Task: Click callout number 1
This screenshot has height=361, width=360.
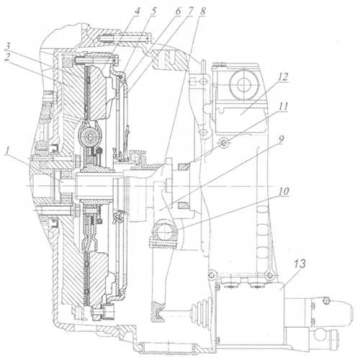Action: [x=8, y=151]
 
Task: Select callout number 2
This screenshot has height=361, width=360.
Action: [x=7, y=58]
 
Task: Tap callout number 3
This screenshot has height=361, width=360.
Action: [x=9, y=48]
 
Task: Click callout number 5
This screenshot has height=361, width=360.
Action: [x=153, y=11]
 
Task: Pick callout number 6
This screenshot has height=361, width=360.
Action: [x=178, y=12]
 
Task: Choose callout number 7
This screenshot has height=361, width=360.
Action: [x=190, y=12]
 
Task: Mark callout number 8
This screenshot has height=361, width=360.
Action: [x=202, y=12]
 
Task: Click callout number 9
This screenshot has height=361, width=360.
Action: [x=281, y=140]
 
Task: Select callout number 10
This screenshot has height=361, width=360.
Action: [x=284, y=192]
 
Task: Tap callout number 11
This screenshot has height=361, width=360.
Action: [x=283, y=106]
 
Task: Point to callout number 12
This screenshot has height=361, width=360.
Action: [x=283, y=77]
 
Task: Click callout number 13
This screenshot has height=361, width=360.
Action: [x=300, y=264]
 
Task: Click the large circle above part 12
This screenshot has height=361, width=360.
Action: [x=243, y=85]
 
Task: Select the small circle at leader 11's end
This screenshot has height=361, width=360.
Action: [x=223, y=143]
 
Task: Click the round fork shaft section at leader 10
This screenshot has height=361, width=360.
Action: [x=164, y=232]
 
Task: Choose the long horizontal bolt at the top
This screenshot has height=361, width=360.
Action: [x=125, y=38]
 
